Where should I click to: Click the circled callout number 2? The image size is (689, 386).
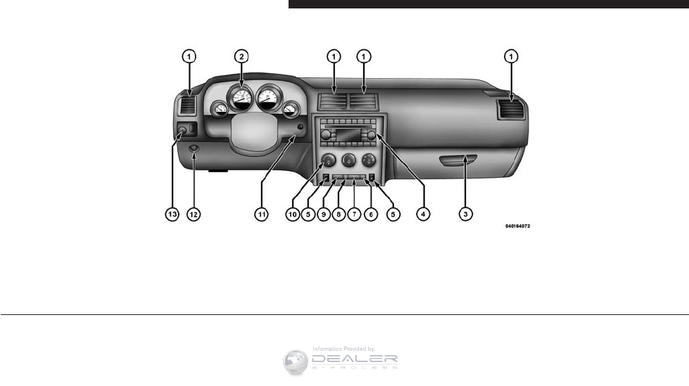tap(241, 56)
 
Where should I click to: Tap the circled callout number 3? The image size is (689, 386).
tap(464, 212)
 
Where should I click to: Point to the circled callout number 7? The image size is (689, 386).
tap(354, 212)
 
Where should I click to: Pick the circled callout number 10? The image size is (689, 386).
tap(293, 212)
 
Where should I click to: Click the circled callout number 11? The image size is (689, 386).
tap(261, 212)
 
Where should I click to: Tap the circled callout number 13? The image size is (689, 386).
tap(172, 212)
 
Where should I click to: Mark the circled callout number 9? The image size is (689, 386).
tap(323, 212)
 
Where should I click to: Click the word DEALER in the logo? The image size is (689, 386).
tap(358, 357)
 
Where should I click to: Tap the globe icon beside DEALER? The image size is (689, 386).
tap(296, 361)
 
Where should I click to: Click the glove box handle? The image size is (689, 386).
tap(454, 163)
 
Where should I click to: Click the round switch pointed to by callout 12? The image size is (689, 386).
tap(194, 149)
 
